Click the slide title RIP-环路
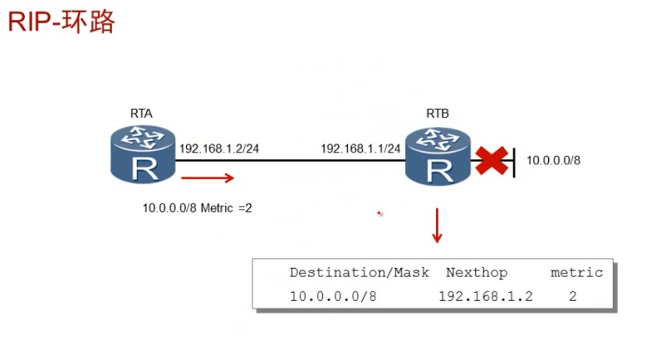[x=61, y=22]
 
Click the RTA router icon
[x=143, y=154]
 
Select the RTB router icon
[x=438, y=156]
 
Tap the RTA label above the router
[x=141, y=113]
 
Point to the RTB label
[x=438, y=113]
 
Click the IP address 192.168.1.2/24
[x=220, y=149]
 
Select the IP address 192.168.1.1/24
[x=361, y=149]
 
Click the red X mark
[x=491, y=161]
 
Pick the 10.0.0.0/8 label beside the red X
[x=554, y=161]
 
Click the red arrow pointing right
[x=208, y=178]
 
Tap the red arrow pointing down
[x=437, y=225]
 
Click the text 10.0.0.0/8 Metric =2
[x=197, y=208]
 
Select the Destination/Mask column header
[x=360, y=273]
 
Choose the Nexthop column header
[x=477, y=273]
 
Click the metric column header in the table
[x=577, y=273]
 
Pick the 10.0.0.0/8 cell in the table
[x=333, y=296]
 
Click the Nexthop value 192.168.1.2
[x=486, y=296]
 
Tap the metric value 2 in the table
[x=573, y=296]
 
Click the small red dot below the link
[x=378, y=214]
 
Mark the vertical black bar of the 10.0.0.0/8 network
[x=514, y=163]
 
